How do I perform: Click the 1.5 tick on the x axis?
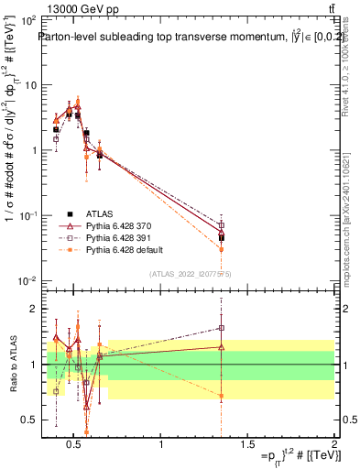tap(247, 445)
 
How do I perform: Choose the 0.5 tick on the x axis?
tap(76, 445)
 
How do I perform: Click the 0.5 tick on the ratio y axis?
tap(28, 420)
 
